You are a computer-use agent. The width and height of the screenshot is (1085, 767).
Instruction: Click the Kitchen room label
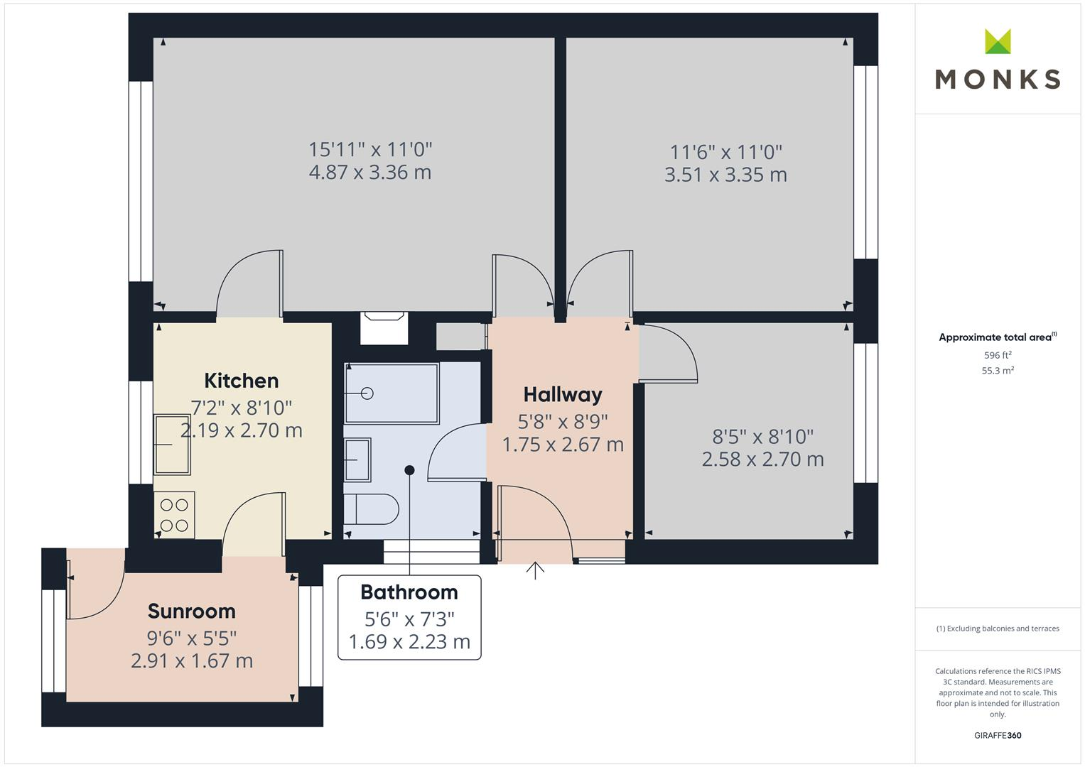241,381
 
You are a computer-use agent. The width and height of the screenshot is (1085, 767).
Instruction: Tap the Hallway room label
563,395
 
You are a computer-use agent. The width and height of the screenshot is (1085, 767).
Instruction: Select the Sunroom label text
191,611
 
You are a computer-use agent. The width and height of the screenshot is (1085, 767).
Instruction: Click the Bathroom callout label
409,592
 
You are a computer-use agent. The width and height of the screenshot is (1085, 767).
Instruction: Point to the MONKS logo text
998,79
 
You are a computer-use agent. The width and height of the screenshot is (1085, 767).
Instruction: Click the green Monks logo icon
998,41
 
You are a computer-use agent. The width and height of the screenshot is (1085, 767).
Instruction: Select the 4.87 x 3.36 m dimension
370,173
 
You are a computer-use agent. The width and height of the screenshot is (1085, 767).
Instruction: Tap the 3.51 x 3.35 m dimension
725,175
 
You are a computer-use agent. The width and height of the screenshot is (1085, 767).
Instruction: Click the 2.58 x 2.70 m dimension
762,459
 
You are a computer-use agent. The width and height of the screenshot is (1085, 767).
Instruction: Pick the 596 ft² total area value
998,355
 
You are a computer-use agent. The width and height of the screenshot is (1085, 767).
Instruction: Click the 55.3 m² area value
998,371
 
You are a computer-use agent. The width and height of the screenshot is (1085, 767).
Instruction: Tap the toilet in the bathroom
371,509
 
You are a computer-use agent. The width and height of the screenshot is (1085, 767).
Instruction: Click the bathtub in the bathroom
392,393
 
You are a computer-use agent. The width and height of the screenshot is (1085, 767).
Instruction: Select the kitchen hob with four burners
174,515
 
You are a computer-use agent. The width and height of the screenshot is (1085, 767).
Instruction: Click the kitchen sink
172,445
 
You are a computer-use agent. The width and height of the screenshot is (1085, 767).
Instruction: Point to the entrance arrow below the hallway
535,570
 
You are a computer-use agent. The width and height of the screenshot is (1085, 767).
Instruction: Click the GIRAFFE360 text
998,736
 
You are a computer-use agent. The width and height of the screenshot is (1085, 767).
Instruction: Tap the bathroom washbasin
357,459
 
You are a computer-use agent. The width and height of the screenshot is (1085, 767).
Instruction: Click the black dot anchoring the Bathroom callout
409,470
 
